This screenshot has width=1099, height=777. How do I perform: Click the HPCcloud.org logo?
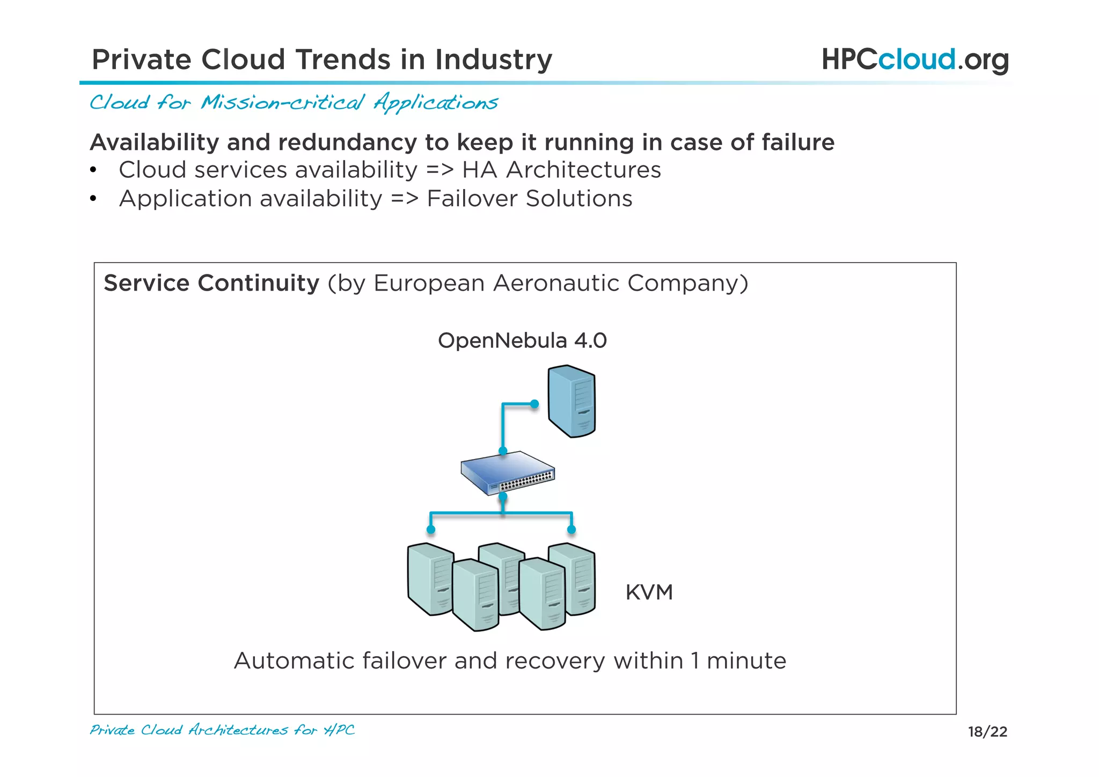click(915, 60)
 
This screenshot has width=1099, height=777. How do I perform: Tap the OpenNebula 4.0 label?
click(522, 340)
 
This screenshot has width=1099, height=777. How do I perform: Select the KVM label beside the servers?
click(649, 592)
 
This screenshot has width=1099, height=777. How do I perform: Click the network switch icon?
click(507, 473)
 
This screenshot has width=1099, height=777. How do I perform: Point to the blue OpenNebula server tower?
click(572, 401)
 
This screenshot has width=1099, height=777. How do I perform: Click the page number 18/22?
click(987, 731)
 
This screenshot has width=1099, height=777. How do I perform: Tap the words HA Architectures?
click(561, 170)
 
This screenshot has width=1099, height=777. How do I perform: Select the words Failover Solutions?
click(530, 199)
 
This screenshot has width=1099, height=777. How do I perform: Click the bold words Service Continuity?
click(211, 283)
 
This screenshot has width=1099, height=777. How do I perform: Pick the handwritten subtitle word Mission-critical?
click(283, 102)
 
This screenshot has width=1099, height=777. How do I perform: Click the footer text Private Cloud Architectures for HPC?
click(222, 730)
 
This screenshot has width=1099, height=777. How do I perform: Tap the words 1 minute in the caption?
click(738, 660)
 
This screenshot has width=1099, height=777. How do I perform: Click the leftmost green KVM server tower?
click(429, 577)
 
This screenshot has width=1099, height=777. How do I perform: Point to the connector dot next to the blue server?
click(534, 404)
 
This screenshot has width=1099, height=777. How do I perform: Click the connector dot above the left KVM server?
click(431, 529)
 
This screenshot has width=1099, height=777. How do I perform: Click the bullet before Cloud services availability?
click(93, 170)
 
